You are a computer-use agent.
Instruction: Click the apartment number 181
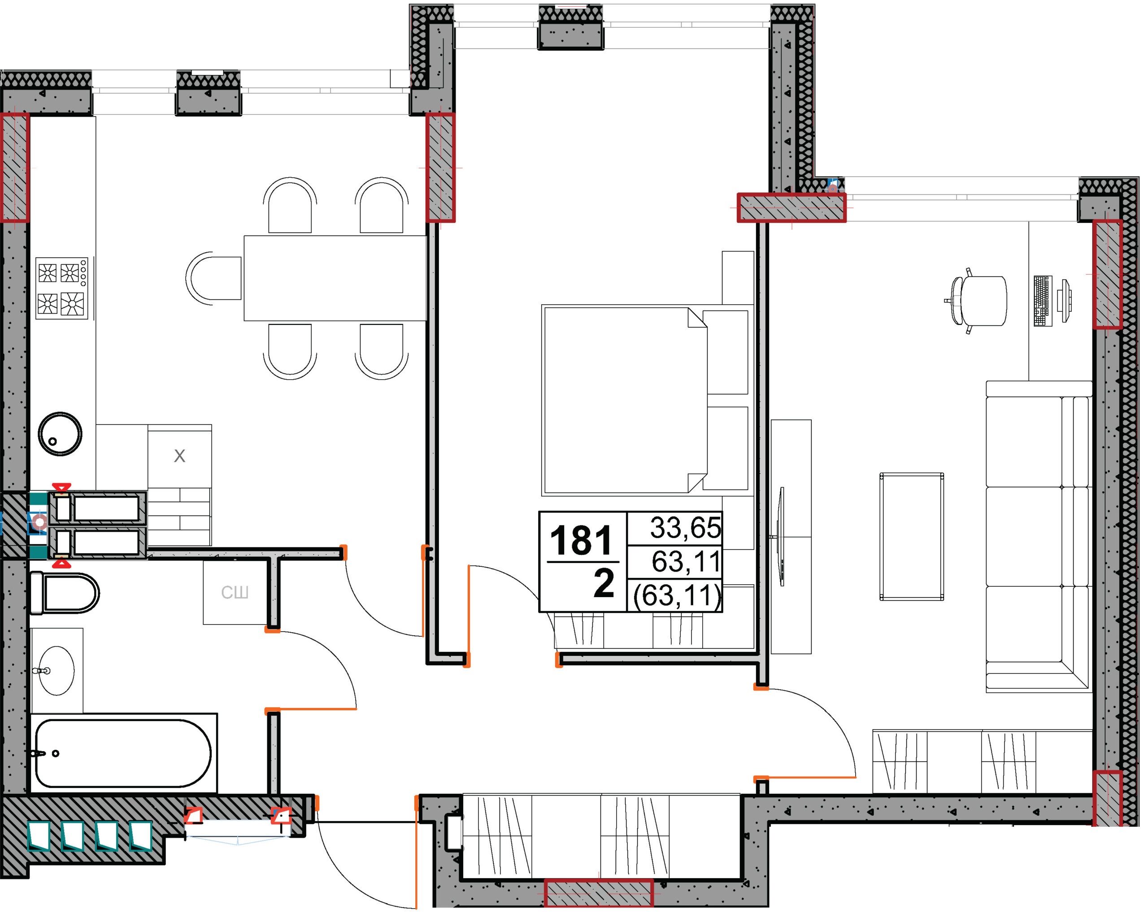[x=582, y=541]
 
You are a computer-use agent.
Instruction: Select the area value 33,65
[x=686, y=528]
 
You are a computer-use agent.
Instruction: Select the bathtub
[x=123, y=753]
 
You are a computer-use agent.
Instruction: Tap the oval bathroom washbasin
[x=57, y=671]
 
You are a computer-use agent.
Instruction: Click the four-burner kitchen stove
[x=62, y=288]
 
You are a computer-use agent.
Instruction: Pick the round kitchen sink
[x=60, y=434]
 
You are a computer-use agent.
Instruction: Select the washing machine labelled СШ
[x=235, y=592]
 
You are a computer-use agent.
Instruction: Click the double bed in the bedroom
[x=645, y=401]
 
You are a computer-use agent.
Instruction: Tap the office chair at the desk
[x=978, y=301]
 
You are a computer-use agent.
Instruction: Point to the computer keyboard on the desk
[x=1043, y=301]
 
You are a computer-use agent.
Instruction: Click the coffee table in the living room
[x=912, y=537]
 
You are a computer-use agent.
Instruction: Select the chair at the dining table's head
[x=213, y=279]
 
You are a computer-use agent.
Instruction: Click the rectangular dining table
[x=335, y=278]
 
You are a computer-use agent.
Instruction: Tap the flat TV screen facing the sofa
[x=781, y=537]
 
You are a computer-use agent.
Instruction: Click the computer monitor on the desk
[x=1065, y=301]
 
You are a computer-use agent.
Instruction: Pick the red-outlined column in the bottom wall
[x=599, y=893]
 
